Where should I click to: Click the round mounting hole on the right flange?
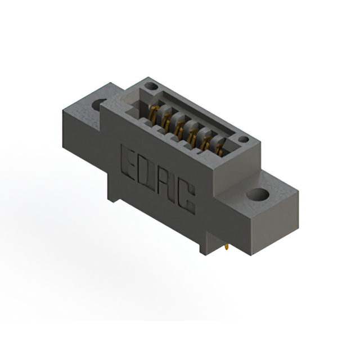click(258, 194)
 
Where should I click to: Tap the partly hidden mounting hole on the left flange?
click(98, 105)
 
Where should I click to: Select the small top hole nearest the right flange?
click(244, 139)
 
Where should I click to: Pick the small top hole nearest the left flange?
click(151, 86)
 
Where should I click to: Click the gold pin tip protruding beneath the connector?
click(227, 247)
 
